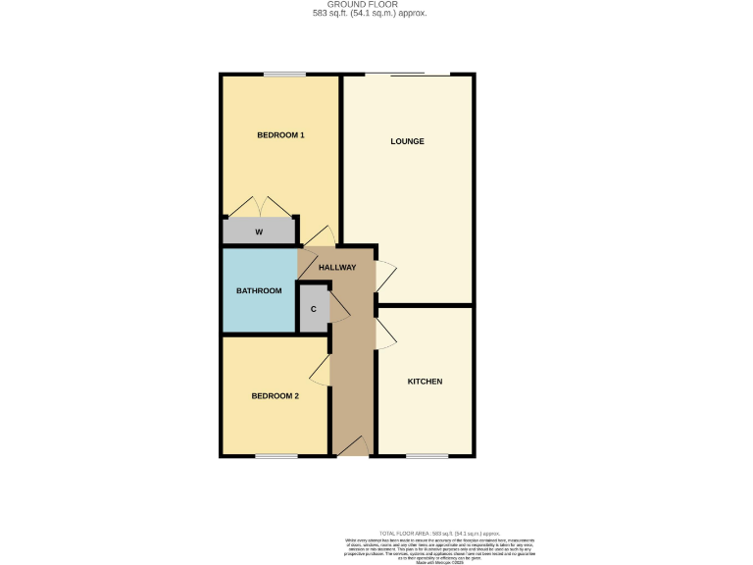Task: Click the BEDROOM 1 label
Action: tap(280, 134)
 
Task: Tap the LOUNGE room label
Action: tap(407, 141)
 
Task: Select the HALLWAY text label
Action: tap(336, 268)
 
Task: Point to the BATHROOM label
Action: tap(259, 290)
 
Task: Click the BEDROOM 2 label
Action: tap(275, 396)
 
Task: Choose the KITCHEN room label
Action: tap(425, 382)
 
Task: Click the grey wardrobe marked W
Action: tap(259, 232)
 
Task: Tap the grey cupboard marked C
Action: tap(313, 309)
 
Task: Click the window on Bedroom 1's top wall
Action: tap(283, 75)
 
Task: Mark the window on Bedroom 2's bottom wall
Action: tap(276, 456)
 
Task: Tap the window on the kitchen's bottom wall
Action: tap(426, 456)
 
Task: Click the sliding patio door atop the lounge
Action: tap(409, 75)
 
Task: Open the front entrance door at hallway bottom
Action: tap(353, 448)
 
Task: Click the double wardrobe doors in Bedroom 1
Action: tap(262, 208)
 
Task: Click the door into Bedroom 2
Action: tap(320, 370)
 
